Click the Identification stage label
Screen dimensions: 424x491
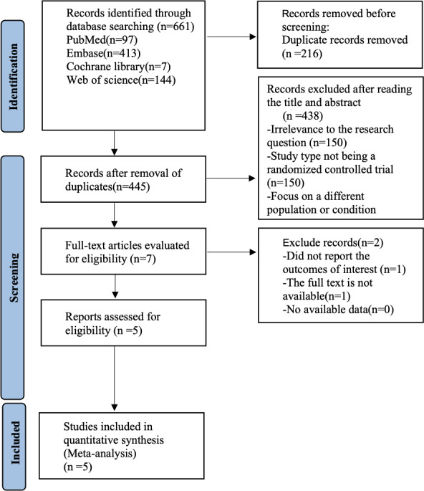pos(13,77)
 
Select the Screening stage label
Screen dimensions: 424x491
pos(14,277)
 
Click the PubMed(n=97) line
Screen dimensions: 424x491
pos(102,39)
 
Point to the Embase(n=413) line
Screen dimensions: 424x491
pos(103,53)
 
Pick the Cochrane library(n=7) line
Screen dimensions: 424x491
pos(118,67)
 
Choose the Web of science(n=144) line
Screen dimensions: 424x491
pos(121,80)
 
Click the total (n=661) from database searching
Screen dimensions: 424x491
pos(175,27)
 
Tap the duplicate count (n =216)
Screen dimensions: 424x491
pos(302,54)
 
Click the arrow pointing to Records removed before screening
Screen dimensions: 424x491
pos(231,37)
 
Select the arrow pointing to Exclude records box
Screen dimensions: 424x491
pos(231,252)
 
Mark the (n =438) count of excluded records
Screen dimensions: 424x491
pos(302,116)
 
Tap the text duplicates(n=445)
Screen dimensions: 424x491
pos(107,186)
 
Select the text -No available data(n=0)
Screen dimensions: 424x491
pos(338,310)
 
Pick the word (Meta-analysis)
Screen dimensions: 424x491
pos(100,454)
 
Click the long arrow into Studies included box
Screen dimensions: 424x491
pos(114,378)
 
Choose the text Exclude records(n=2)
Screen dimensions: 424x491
pos(333,243)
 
